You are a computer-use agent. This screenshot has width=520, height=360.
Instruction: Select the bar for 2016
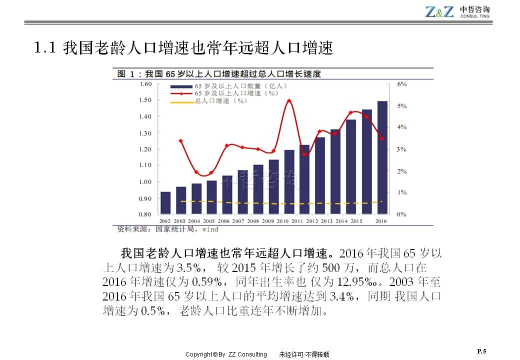[382, 157]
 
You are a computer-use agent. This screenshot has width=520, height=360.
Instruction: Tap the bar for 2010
[289, 182]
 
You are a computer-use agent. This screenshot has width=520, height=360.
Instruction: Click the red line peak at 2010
[289, 101]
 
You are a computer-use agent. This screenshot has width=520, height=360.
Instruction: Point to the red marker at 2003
[180, 141]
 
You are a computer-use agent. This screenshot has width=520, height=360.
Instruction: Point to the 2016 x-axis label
[382, 220]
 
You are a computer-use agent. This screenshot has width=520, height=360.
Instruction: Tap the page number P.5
[481, 351]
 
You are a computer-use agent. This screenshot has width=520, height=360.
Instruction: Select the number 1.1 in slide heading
[43, 48]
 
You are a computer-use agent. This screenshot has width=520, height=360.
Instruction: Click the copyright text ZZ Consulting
[247, 354]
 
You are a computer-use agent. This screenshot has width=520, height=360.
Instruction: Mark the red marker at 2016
[382, 138]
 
